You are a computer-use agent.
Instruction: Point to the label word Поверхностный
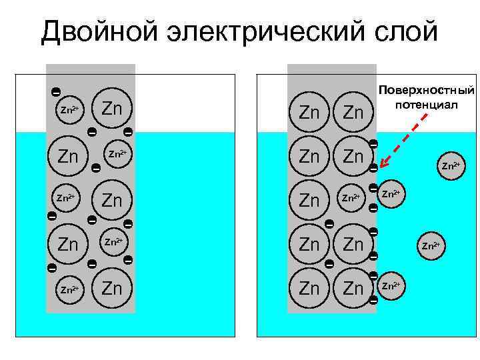[x=427, y=90]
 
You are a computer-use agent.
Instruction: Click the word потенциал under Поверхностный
[x=427, y=105]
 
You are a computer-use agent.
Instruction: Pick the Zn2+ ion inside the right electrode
[x=353, y=198]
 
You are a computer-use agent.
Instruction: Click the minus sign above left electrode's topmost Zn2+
[x=56, y=91]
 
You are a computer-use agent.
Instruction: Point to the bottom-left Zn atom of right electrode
[x=309, y=289]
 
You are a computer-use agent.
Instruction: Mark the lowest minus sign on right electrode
[x=373, y=301]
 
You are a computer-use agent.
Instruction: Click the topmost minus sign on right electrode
[x=373, y=144]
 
